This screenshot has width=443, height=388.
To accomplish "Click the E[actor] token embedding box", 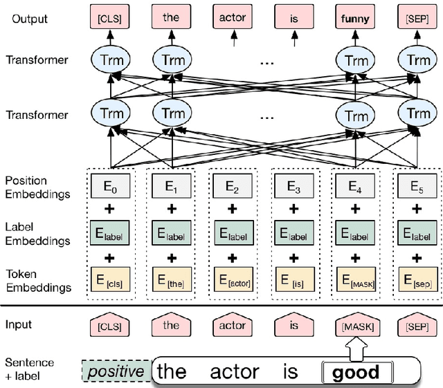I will tap(232, 281).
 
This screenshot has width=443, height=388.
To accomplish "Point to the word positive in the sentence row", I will tap(115, 371).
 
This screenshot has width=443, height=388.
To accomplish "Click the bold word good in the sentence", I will tap(356, 373).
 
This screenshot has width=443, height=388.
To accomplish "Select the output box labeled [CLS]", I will tap(111, 17).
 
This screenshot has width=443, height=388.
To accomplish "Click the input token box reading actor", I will tap(232, 324).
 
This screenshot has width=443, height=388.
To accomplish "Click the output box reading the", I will tap(172, 17).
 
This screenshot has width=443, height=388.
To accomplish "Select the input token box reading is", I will tap(291, 324).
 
